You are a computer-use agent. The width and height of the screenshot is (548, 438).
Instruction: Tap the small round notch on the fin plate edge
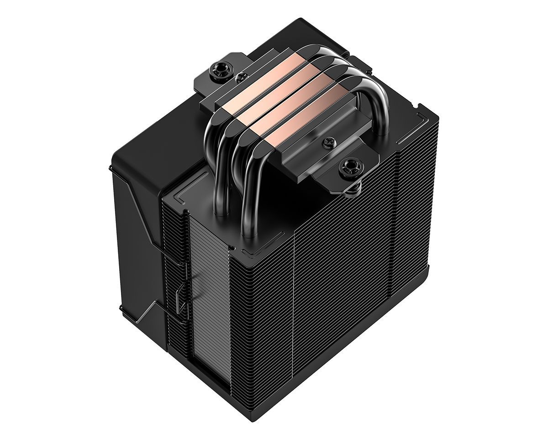[x=233, y=249]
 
